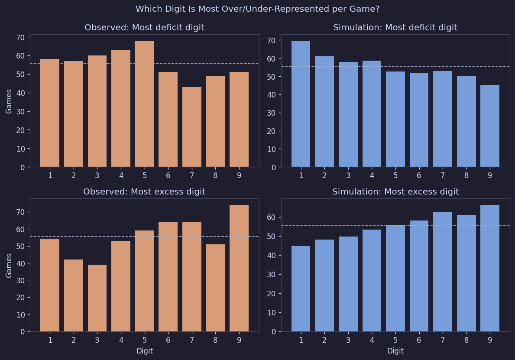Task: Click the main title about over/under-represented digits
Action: [257, 9]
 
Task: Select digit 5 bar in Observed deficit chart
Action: [144, 104]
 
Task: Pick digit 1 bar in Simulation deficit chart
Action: [301, 104]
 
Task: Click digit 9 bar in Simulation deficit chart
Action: [489, 126]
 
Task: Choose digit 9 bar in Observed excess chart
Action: [239, 268]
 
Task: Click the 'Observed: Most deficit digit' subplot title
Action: [144, 28]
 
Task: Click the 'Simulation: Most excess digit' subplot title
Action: [395, 192]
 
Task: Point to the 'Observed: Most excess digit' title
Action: [144, 192]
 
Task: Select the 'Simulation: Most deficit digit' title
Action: [395, 28]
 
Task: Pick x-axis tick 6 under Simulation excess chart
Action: [419, 340]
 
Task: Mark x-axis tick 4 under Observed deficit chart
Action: [121, 175]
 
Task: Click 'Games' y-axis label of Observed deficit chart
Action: [9, 101]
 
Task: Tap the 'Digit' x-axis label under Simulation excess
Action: [395, 351]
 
